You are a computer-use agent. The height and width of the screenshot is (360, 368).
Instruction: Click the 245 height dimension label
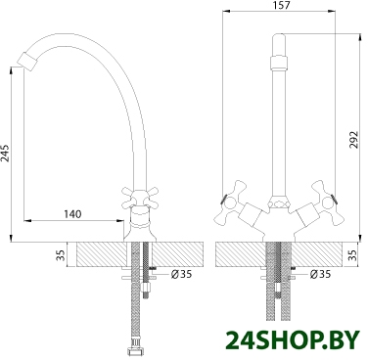pos(6,153)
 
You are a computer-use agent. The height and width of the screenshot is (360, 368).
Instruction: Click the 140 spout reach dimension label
pos(72,214)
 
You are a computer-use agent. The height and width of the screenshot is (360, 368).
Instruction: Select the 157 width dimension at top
pos(281,5)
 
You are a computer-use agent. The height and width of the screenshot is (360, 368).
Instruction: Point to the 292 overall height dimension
pos(353,140)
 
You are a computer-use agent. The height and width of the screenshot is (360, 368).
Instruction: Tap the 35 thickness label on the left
pos(61,255)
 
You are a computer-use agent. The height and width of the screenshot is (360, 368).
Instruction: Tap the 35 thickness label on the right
pos(353,255)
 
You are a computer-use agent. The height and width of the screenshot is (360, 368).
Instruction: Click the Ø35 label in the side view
pos(181,274)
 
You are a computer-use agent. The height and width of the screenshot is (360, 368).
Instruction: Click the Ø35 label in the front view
pos(320,274)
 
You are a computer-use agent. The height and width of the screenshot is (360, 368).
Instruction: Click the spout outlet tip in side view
pos(26,61)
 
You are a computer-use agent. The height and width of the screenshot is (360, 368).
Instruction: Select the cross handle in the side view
pos(139,198)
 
